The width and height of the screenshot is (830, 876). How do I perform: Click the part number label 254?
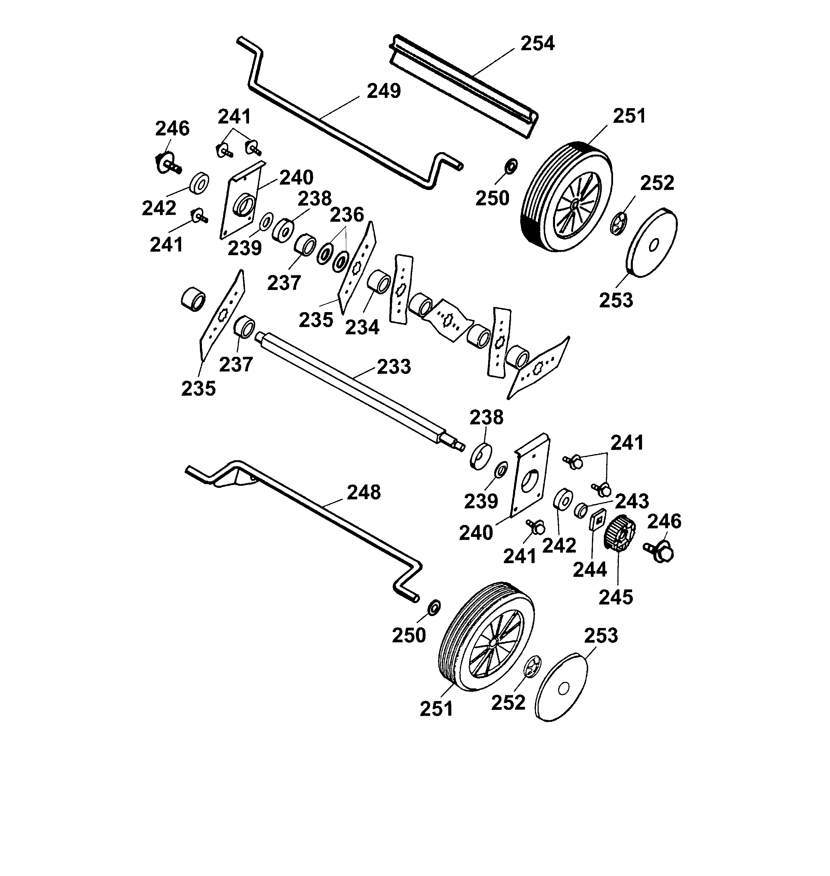537,44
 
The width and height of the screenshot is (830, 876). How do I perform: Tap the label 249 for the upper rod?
383,91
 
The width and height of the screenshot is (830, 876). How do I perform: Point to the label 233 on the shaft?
394,367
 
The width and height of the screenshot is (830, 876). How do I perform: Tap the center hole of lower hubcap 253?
563,688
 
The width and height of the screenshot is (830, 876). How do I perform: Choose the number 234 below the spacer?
362,328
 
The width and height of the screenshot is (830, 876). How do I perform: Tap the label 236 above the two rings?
347,215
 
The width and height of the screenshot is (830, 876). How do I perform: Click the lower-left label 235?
198,389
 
